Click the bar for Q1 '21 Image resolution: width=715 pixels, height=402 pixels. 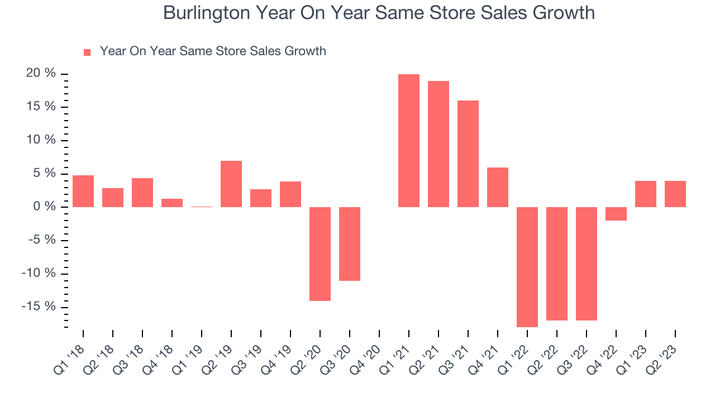pos(408,141)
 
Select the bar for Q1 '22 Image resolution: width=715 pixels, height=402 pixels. pos(527,267)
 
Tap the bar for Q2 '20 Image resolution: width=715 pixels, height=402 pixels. pos(320,254)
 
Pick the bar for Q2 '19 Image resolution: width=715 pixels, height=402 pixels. pos(231,184)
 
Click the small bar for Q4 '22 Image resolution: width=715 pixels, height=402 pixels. pos(616,214)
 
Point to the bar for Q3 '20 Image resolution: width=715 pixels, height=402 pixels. pos(350,244)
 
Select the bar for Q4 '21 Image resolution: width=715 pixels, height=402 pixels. pos(497,187)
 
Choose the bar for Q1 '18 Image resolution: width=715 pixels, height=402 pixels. pos(83,191)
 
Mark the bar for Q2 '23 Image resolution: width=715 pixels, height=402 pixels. pos(675,194)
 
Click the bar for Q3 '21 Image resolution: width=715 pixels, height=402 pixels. pos(468,154)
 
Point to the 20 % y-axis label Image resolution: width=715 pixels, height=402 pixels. pos(41,73)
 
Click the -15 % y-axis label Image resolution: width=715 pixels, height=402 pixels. pos(39,307)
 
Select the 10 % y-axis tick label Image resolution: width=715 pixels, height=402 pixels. pos(41,140)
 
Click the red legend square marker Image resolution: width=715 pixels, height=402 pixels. pos(87,52)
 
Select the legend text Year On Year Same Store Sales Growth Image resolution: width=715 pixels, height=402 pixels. pos(213,51)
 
